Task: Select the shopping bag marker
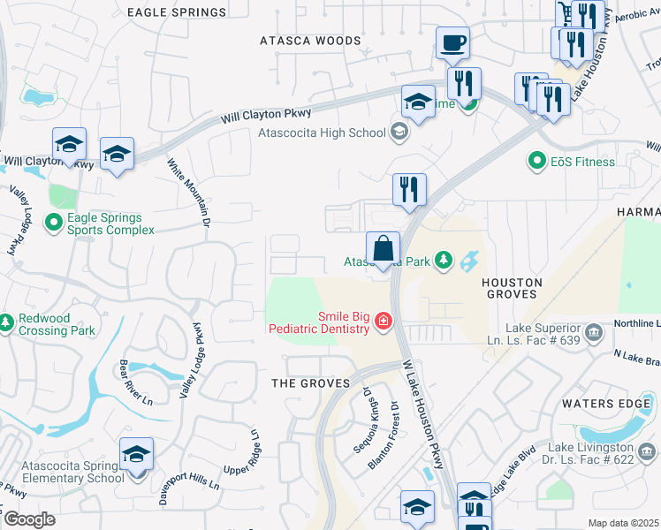383,249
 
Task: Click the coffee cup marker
452,43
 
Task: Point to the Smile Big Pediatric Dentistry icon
384,321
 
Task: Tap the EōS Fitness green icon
536,162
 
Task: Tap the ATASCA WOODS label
310,41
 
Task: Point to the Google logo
28,519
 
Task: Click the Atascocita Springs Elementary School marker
136,457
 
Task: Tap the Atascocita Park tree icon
443,261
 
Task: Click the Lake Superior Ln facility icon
593,334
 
